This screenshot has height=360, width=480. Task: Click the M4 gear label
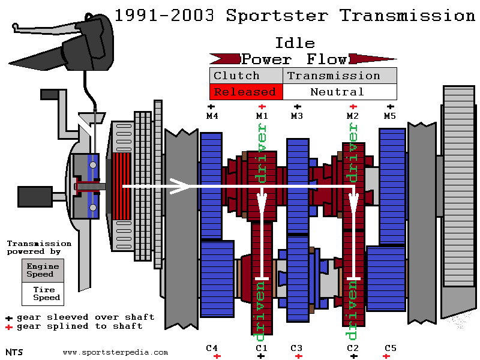[x=212, y=116]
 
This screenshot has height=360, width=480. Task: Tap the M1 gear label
[x=262, y=116]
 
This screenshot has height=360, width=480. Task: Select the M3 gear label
[x=297, y=116]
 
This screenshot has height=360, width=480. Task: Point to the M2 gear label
[x=353, y=116]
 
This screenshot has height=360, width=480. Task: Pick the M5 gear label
[x=390, y=116]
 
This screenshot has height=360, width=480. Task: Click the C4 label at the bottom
[x=212, y=348]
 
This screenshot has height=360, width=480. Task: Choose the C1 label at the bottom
[x=261, y=348]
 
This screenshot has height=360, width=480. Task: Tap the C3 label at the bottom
[x=296, y=348]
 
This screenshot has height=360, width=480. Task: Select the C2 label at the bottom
[x=353, y=348]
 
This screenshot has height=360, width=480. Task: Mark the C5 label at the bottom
[x=391, y=348]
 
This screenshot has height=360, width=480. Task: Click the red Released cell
[x=245, y=92]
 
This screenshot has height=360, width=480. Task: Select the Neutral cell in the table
[x=337, y=92]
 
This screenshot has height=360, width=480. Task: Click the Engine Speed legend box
[x=43, y=270]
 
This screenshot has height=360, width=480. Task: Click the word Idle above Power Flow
[x=295, y=43]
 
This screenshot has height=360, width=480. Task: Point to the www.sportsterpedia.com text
[x=115, y=352]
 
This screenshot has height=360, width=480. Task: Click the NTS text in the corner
[x=14, y=352]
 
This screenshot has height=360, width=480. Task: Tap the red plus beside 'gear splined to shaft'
[x=9, y=327]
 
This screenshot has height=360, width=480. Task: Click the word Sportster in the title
[x=277, y=15]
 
